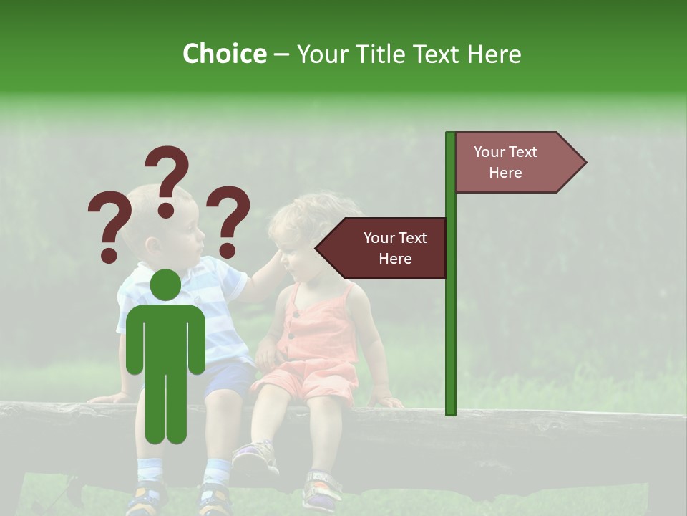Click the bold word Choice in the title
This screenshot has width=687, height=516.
click(x=224, y=54)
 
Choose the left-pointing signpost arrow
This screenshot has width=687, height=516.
click(x=383, y=248)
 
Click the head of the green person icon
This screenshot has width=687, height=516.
click(x=165, y=285)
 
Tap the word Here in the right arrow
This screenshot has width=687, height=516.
click(x=505, y=173)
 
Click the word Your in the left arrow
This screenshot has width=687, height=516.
click(x=378, y=238)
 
